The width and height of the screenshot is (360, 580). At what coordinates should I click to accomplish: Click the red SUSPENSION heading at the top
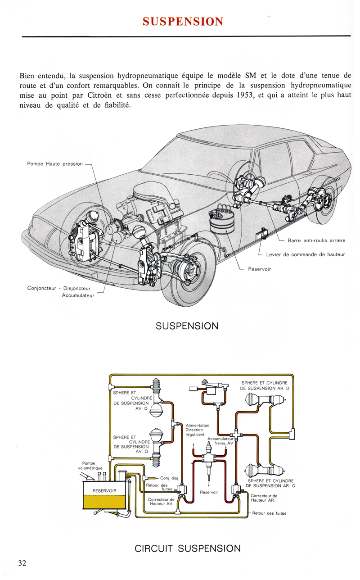point(183,21)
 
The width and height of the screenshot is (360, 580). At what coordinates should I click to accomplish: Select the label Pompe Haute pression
point(55,164)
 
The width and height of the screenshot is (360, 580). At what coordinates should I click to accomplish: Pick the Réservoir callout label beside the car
point(260,269)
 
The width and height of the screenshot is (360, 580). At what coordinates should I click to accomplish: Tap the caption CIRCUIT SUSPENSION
point(188,548)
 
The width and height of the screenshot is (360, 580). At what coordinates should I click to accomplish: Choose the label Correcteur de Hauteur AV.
point(161,502)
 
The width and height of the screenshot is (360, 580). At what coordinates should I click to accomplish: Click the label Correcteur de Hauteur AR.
point(264,498)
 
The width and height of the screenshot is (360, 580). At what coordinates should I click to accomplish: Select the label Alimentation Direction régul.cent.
point(197,430)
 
